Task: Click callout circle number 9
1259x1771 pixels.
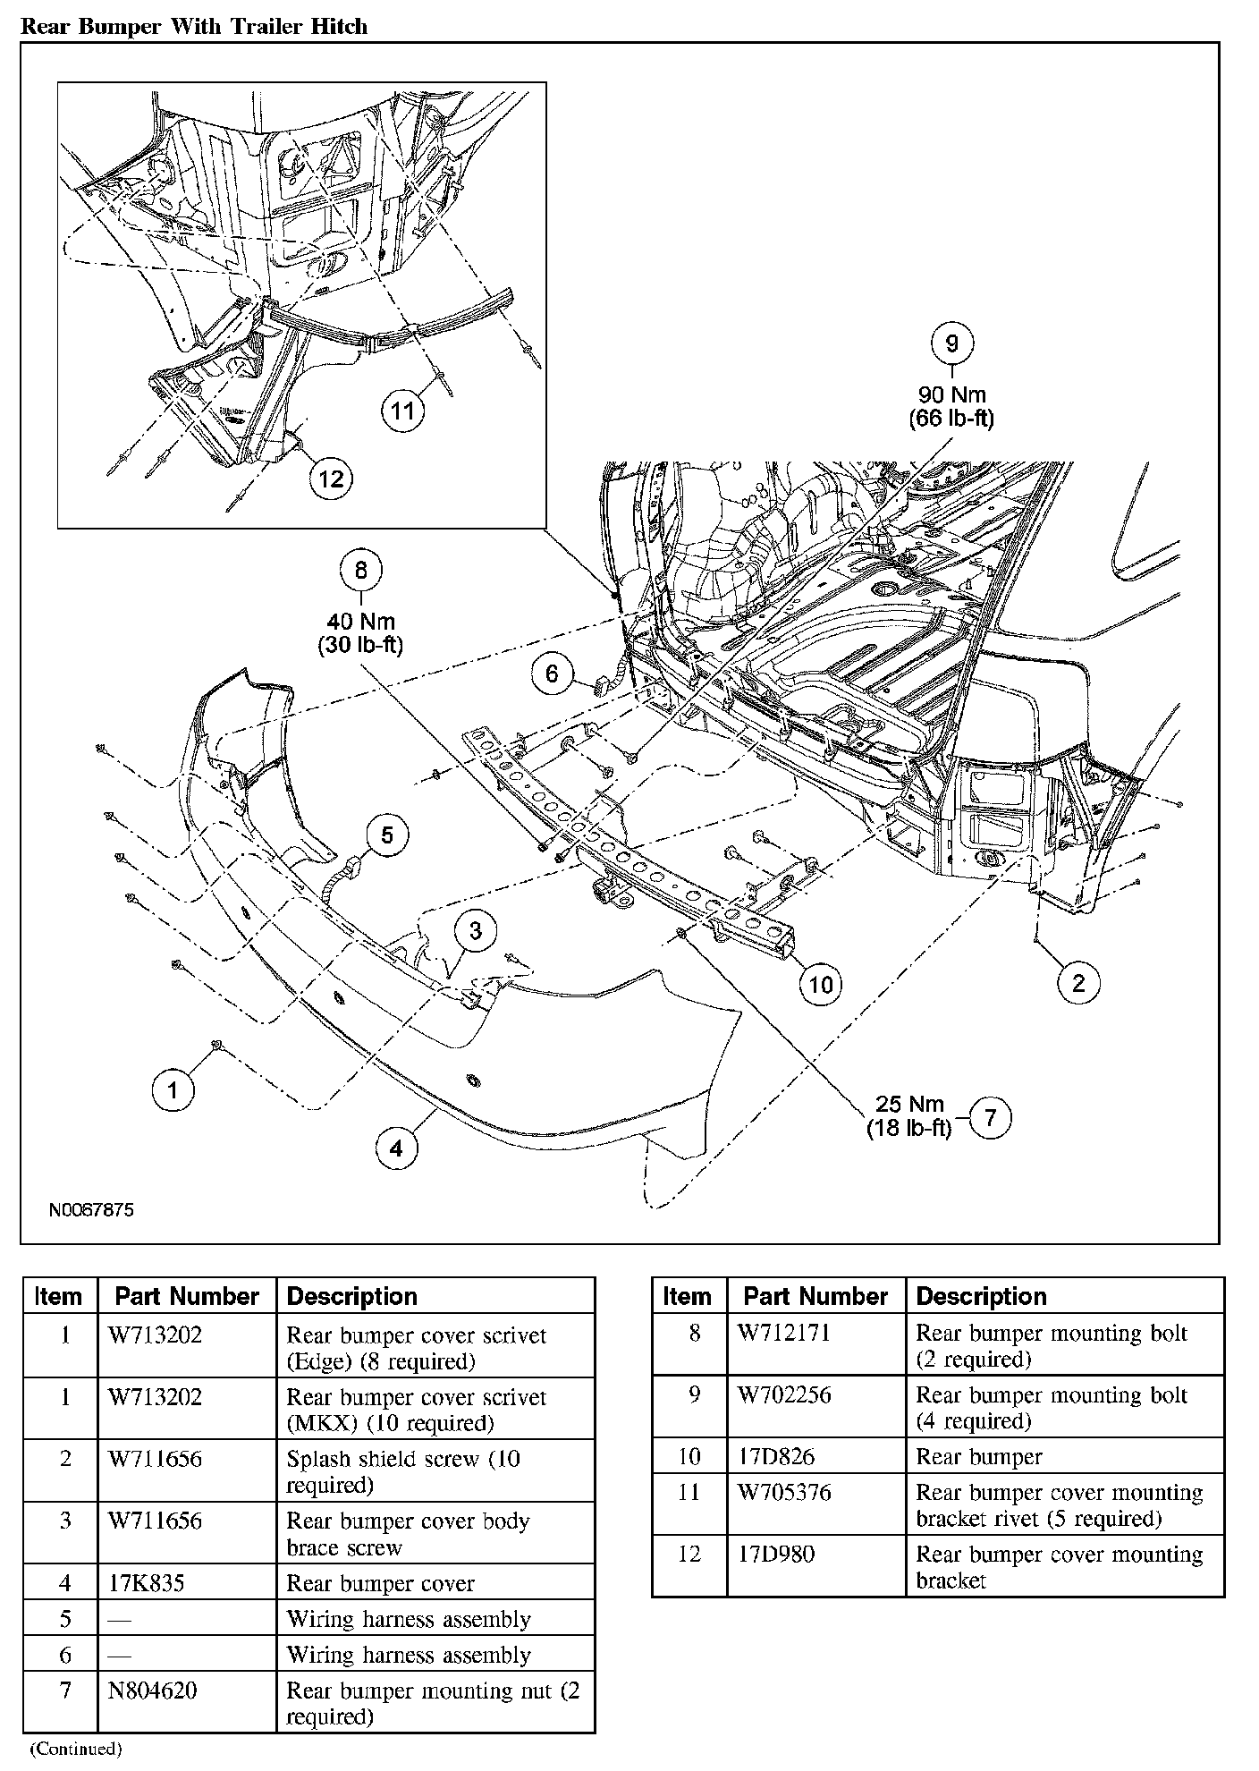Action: tap(951, 343)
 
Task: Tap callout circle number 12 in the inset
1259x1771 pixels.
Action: tap(331, 479)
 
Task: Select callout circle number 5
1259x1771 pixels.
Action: tap(387, 835)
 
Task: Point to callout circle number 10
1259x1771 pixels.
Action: tap(820, 984)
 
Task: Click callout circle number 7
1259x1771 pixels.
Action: tap(989, 1117)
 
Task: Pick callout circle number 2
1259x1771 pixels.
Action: tap(1078, 983)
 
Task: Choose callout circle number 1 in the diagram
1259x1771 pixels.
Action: tap(173, 1089)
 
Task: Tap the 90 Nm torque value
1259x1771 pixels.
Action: tap(951, 395)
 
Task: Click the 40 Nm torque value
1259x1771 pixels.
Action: tap(361, 622)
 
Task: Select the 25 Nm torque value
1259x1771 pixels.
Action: tap(909, 1105)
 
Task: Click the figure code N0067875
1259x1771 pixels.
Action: tap(91, 1210)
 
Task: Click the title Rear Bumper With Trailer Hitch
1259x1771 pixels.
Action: tap(194, 26)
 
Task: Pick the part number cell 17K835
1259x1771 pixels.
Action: tap(146, 1583)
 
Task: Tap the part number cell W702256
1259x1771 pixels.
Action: tap(784, 1395)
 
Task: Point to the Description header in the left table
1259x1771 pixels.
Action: tap(352, 1296)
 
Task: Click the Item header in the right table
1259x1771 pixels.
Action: tap(688, 1296)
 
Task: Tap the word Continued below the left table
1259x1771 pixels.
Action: tap(76, 1748)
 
